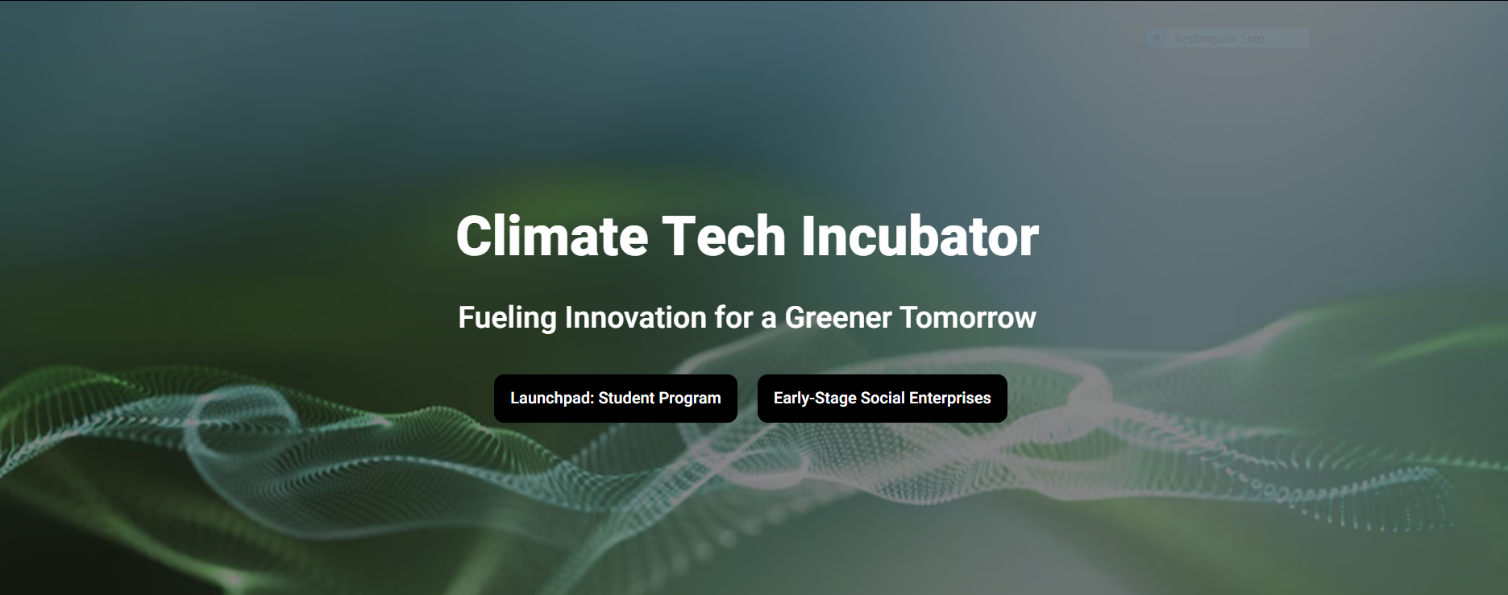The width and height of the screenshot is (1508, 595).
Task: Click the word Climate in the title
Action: coord(552,236)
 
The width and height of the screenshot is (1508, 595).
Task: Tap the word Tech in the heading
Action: coord(724,236)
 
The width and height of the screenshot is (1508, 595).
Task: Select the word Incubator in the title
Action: coord(920,236)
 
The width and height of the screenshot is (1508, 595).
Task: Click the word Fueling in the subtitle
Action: coord(507,318)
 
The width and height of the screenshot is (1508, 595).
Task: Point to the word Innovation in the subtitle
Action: coord(636,317)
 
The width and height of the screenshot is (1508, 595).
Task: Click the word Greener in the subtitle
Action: coord(838,318)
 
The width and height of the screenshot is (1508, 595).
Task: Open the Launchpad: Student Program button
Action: coord(616,399)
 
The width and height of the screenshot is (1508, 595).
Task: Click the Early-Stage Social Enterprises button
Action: coord(883,399)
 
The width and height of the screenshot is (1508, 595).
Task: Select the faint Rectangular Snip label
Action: coord(1219,39)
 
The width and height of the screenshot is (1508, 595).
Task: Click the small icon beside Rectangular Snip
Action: coord(1157,38)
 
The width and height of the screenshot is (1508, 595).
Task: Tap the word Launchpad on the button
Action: coord(552,399)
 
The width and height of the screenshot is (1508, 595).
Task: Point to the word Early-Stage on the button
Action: coord(815,399)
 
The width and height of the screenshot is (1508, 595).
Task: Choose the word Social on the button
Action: coord(883,398)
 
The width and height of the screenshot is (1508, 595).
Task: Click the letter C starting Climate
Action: coord(473,236)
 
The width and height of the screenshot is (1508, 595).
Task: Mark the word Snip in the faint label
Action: coord(1253,39)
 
